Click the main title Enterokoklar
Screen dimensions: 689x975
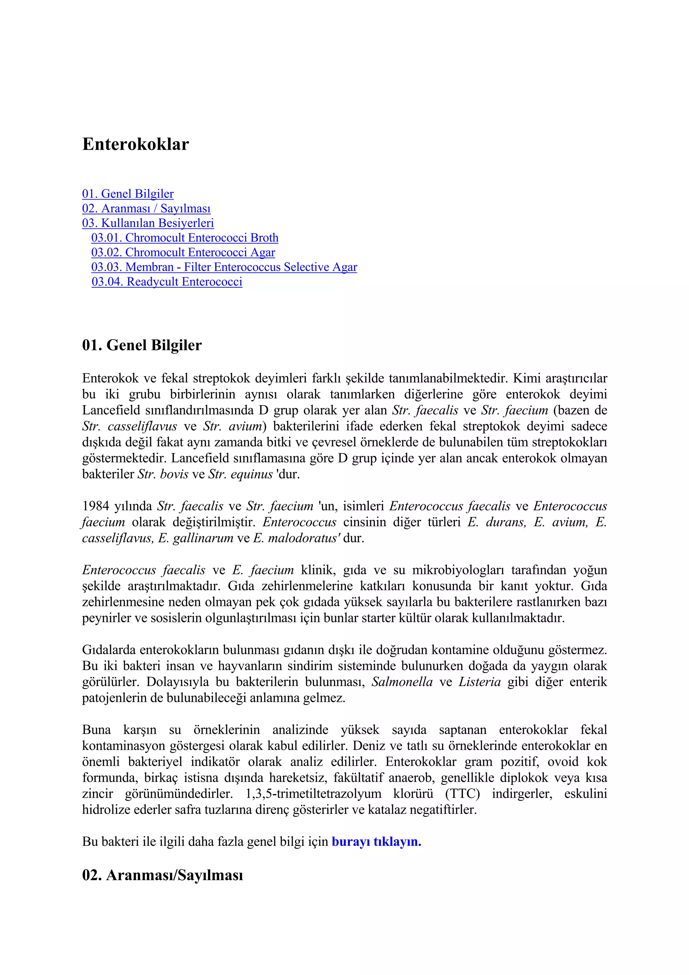(x=136, y=144)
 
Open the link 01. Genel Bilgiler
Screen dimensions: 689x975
(x=128, y=194)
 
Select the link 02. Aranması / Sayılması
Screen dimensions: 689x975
(x=146, y=209)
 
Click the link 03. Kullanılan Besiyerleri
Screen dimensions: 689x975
(x=148, y=223)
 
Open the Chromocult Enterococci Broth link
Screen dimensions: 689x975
(x=185, y=238)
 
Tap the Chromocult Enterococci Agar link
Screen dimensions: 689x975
(x=183, y=253)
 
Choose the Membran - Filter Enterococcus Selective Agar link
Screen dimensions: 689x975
(x=224, y=267)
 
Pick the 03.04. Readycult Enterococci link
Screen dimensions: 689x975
(x=167, y=282)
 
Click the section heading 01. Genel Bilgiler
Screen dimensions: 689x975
(x=142, y=345)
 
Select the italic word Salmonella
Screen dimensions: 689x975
(x=402, y=682)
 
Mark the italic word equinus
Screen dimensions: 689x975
(x=251, y=474)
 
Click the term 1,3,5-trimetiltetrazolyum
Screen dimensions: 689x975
(x=313, y=794)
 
